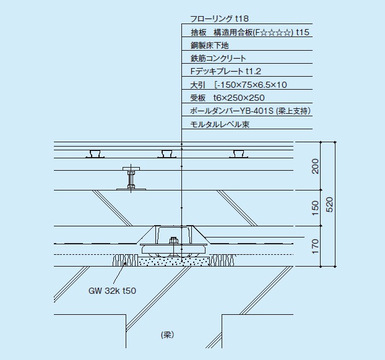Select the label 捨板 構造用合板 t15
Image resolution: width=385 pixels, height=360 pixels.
[x=250, y=32]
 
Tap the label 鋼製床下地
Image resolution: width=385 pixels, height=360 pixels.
[x=209, y=45]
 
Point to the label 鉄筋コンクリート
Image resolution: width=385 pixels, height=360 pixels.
[x=218, y=58]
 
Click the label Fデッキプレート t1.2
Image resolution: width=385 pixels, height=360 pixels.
[x=226, y=71]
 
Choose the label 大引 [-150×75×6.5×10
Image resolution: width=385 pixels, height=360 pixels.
[x=238, y=85]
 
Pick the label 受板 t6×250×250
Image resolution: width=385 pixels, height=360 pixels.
[x=227, y=98]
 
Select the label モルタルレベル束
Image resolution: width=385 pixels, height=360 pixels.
[x=220, y=124]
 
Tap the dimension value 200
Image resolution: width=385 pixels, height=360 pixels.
[x=315, y=166]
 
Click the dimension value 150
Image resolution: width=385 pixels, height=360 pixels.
[x=315, y=208]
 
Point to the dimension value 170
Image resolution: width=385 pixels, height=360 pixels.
[x=315, y=246]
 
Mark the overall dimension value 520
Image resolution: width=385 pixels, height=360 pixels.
[x=329, y=204]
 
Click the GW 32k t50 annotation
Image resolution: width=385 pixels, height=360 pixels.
[x=112, y=291]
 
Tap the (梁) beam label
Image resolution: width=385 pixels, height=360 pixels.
[x=168, y=335]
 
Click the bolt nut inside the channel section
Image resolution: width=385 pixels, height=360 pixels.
[x=173, y=240]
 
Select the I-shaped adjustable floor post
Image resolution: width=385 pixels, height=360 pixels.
[x=131, y=179]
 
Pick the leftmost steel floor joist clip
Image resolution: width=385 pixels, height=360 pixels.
[x=95, y=154]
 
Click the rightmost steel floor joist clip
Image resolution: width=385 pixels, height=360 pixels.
[x=238, y=154]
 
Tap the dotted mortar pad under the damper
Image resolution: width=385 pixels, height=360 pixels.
[x=173, y=262]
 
